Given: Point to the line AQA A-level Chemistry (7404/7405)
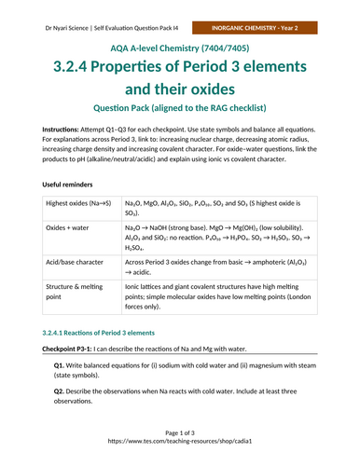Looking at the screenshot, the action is pos(179,47).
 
